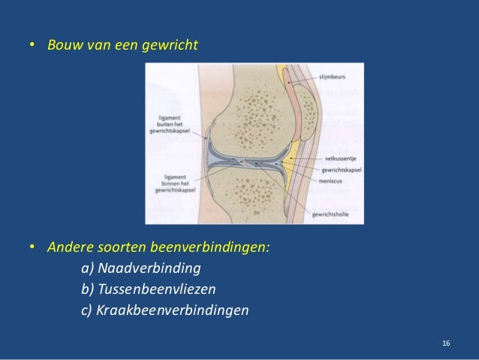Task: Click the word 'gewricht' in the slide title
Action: pos(173,47)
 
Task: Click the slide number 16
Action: pos(446,343)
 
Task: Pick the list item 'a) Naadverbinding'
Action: pos(140,268)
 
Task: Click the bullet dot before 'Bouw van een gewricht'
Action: pos(33,47)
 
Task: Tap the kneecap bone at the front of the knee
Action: pos(306,113)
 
